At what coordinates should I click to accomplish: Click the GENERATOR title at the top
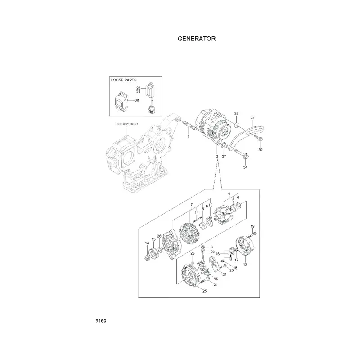coord(197,39)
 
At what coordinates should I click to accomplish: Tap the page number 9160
coord(101,321)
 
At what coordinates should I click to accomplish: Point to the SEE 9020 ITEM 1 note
coord(127,124)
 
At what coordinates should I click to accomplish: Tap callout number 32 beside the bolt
coord(261,149)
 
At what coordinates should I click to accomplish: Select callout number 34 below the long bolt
coord(245,167)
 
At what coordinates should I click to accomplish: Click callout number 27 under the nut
coord(224,156)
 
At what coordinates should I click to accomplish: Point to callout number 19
coord(252,226)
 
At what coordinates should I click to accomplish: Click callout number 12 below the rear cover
coord(245,265)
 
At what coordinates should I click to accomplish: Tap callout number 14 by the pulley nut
coord(147,243)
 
